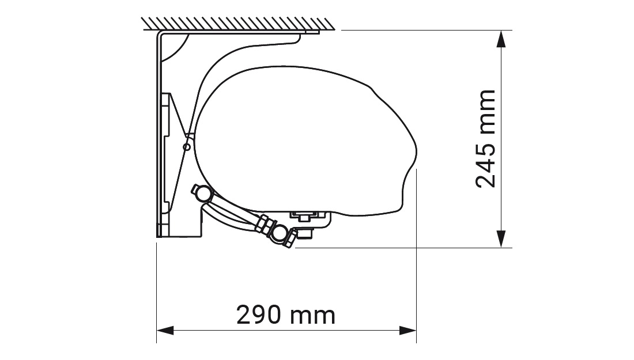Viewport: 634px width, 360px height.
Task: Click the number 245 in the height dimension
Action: (x=485, y=165)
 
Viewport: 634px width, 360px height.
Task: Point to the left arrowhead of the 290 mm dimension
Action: (x=165, y=331)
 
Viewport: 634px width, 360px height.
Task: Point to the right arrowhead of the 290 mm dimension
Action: (x=409, y=331)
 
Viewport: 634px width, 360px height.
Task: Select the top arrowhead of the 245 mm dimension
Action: (x=501, y=38)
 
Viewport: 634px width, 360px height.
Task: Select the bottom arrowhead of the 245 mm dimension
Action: (x=501, y=240)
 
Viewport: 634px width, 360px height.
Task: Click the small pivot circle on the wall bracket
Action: (x=186, y=147)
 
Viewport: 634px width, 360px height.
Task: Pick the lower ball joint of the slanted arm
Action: (x=281, y=233)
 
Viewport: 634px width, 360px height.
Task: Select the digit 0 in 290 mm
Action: (x=274, y=315)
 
